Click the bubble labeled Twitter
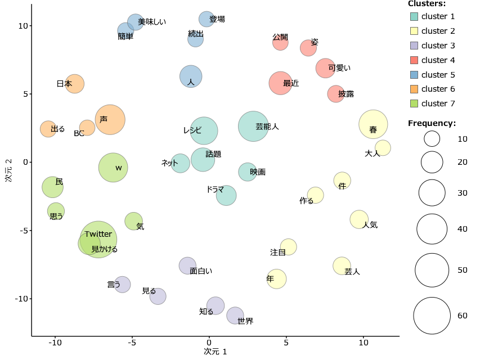click(98, 240)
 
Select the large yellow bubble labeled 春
click(373, 125)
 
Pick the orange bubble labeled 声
click(110, 119)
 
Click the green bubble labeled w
click(113, 168)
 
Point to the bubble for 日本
click(74, 84)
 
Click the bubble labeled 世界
click(235, 316)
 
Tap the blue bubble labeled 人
click(191, 76)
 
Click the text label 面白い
click(201, 271)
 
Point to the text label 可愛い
click(339, 68)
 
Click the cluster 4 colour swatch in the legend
click(414, 60)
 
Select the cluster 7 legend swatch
click(414, 103)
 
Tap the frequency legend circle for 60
click(432, 316)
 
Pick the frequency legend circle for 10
click(432, 138)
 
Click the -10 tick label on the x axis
click(55, 343)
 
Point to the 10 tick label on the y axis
click(23, 26)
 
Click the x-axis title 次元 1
click(216, 352)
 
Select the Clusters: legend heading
click(427, 3)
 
